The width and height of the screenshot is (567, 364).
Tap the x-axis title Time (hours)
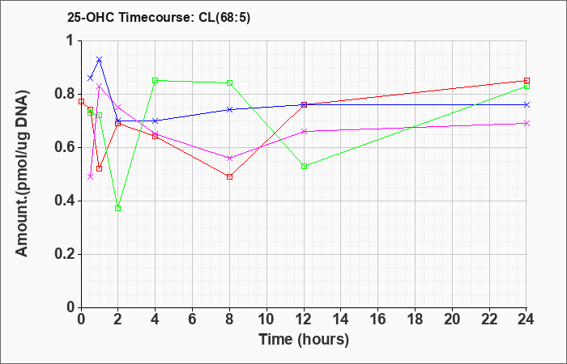tap(304, 339)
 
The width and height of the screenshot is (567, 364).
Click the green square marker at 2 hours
tap(118, 208)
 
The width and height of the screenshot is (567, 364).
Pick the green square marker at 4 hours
tap(155, 80)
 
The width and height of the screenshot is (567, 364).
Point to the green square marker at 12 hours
tap(304, 166)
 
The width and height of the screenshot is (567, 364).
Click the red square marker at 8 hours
tap(230, 176)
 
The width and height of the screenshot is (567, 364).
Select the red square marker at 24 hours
tap(527, 81)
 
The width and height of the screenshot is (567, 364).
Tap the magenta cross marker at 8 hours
tap(230, 158)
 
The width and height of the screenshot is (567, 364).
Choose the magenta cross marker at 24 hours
tap(527, 123)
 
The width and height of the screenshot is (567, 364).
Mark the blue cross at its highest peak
tap(99, 59)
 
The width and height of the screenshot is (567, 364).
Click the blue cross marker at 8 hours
tap(230, 109)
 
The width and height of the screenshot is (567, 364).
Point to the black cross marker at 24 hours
tap(527, 104)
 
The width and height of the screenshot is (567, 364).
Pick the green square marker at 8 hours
tap(230, 83)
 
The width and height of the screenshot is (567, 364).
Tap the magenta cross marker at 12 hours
tap(304, 131)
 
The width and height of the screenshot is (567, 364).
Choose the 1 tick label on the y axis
tap(70, 40)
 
